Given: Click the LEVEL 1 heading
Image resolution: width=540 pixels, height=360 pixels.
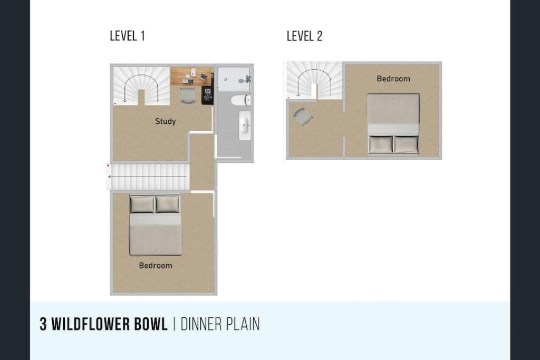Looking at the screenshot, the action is (x=127, y=36).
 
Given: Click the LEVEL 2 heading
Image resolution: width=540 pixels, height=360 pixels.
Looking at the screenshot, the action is (x=304, y=36).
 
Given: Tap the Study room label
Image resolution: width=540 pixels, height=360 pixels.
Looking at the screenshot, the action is (x=165, y=121).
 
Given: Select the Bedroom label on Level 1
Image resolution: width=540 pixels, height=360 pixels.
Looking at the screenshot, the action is (x=156, y=265).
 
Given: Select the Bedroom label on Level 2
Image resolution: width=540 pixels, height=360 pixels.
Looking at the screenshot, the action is (x=393, y=79).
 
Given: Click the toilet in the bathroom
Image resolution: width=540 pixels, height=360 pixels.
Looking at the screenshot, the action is (x=240, y=100).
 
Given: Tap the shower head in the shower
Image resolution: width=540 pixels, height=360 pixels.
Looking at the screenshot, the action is (x=245, y=80).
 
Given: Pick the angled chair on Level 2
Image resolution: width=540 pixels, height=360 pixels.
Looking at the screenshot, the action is (x=302, y=116).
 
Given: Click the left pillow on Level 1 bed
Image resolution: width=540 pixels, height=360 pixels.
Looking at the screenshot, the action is (x=142, y=204).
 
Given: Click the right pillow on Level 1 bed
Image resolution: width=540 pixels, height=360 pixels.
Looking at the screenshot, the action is (x=168, y=204).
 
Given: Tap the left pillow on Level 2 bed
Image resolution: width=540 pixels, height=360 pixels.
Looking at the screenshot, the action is (x=381, y=144).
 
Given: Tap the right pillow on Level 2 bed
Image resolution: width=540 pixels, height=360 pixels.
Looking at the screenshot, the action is (x=406, y=144).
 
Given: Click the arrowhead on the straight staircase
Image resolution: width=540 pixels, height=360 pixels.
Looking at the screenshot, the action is (x=110, y=177).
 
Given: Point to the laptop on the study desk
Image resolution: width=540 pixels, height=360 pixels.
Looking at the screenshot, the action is (x=203, y=77).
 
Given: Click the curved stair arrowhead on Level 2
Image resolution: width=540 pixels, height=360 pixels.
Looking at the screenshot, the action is (x=298, y=95).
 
